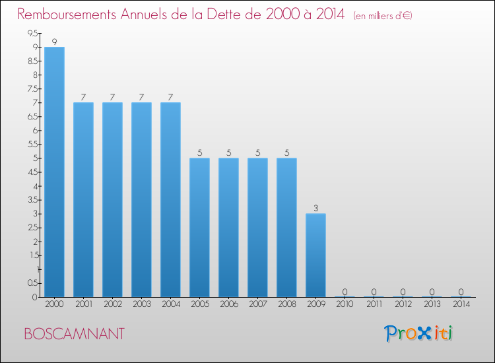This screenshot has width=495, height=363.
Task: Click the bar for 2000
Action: click(x=54, y=172)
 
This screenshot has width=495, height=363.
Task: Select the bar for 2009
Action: click(x=315, y=255)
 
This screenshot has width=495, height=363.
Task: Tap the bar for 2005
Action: click(x=199, y=227)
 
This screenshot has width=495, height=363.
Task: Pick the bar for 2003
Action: click(x=141, y=199)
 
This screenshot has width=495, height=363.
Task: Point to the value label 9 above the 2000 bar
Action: click(x=54, y=42)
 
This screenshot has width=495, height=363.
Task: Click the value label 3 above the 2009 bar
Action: click(x=315, y=208)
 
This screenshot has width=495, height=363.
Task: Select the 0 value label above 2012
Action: click(x=403, y=291)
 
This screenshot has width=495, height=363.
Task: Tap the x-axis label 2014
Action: click(x=461, y=304)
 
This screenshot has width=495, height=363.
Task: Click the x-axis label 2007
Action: click(x=257, y=304)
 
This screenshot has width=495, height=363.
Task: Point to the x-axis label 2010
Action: click(x=345, y=304)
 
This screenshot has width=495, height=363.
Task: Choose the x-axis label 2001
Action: click(x=83, y=304)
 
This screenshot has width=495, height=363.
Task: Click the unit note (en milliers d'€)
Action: click(x=383, y=16)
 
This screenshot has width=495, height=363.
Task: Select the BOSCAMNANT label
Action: click(x=73, y=334)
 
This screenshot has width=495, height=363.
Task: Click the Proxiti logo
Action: click(x=419, y=333)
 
